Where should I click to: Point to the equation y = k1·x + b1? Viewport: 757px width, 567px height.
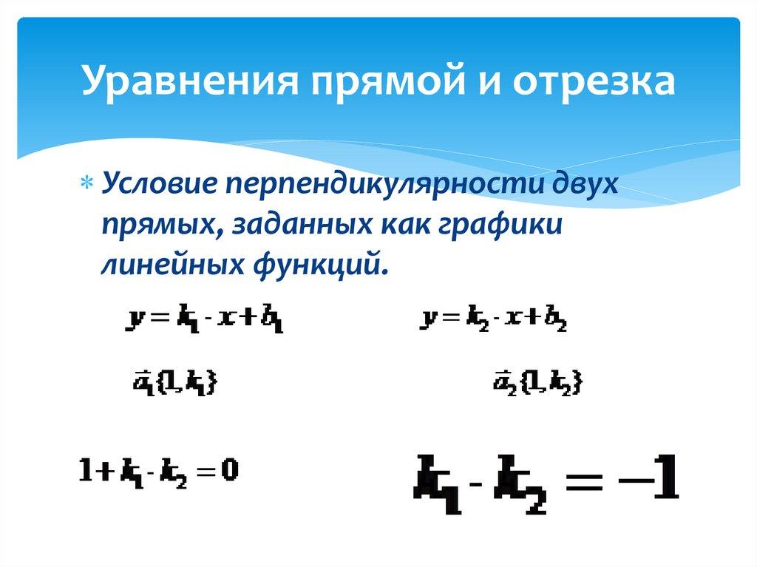point(206,320)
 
